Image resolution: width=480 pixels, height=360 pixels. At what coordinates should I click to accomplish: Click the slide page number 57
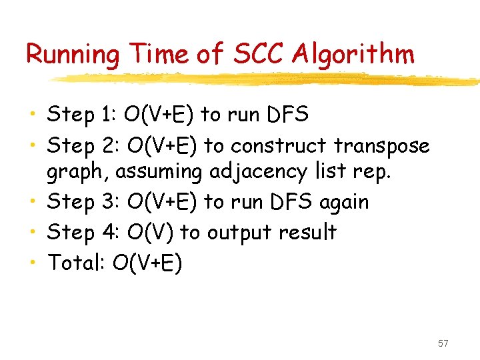pyautogui.click(x=443, y=343)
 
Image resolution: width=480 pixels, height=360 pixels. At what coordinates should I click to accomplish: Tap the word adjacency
pyautogui.click(x=257, y=172)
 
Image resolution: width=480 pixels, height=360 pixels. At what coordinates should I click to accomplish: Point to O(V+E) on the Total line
pyautogui.click(x=147, y=264)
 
